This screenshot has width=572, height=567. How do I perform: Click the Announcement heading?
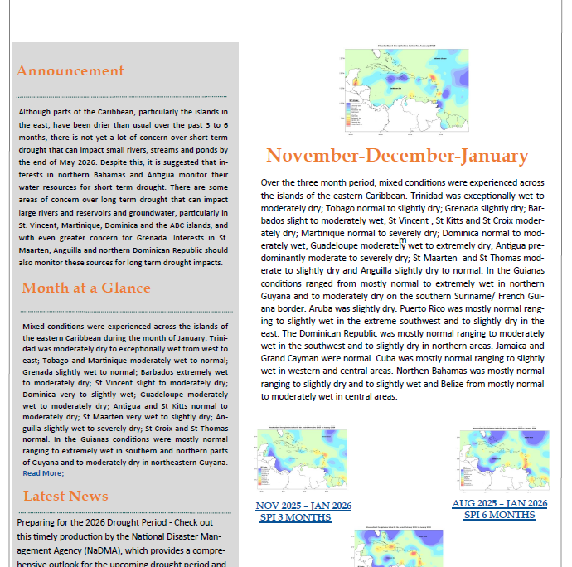[x=70, y=71]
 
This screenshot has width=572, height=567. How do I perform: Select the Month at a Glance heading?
[x=86, y=288]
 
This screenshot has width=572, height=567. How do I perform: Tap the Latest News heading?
[x=65, y=496]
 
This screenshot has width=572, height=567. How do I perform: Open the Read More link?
[x=43, y=473]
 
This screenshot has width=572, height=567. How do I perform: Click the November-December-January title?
[x=397, y=156]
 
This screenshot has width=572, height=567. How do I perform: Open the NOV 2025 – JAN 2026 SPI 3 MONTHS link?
[x=303, y=511]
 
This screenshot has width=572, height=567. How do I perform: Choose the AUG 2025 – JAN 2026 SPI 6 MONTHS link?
[x=499, y=509]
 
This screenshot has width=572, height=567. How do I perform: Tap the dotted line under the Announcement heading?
[x=124, y=96]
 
